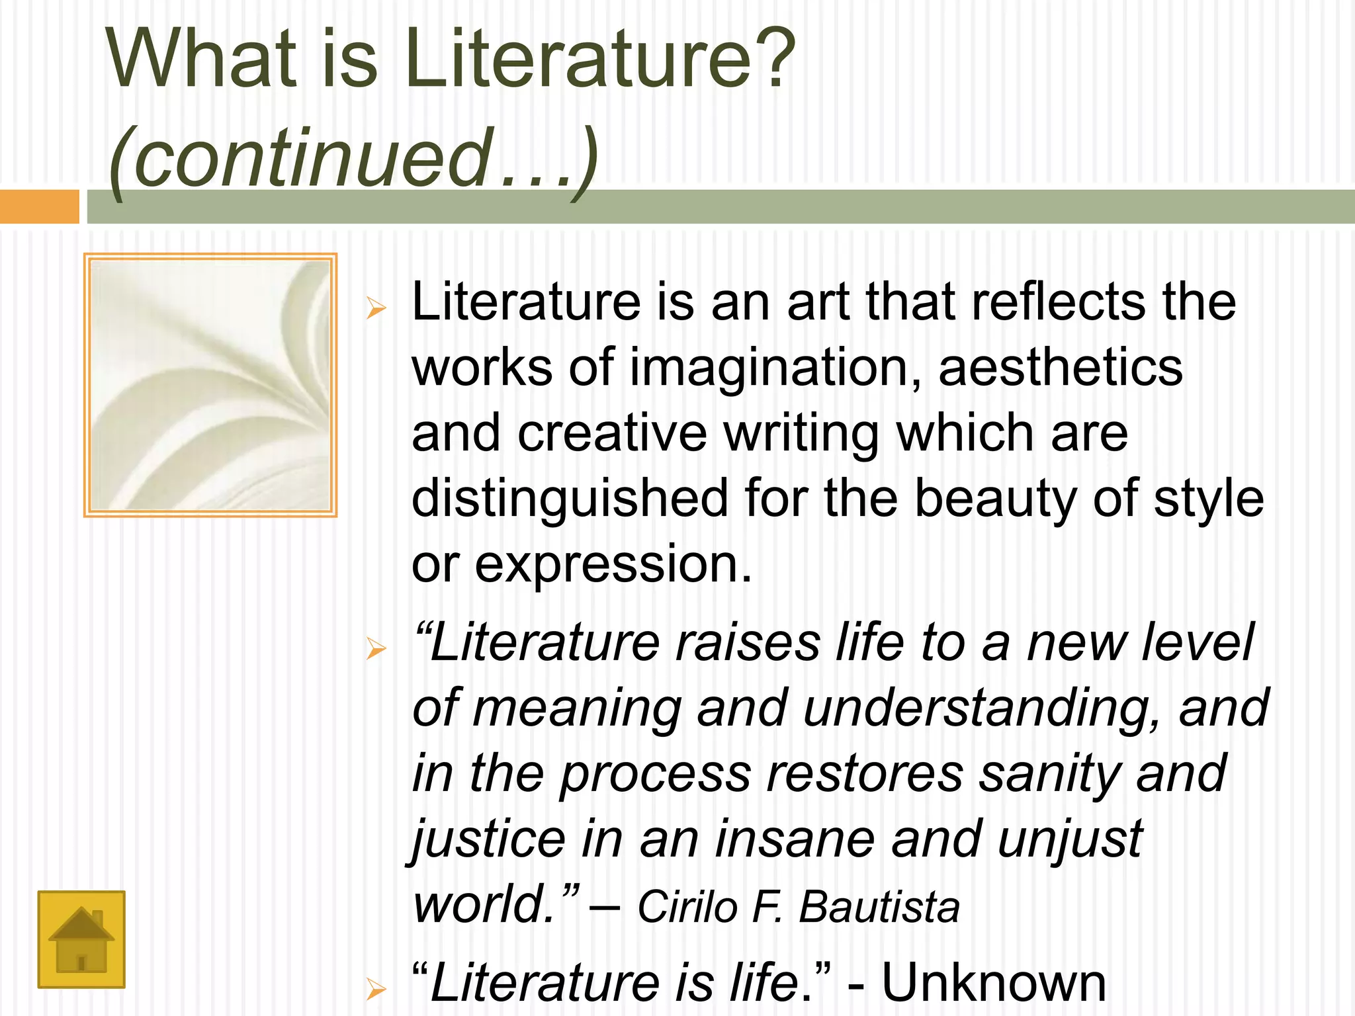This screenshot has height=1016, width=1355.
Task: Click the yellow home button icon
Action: (x=81, y=939)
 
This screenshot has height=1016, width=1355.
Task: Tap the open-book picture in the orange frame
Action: (x=210, y=385)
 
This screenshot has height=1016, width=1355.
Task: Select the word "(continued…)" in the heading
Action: (x=355, y=159)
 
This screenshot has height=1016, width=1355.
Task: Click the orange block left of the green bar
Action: (x=39, y=206)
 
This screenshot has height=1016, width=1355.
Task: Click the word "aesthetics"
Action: (x=1061, y=368)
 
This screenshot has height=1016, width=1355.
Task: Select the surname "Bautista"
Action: (x=879, y=906)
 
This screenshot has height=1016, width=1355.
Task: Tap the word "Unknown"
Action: (x=994, y=983)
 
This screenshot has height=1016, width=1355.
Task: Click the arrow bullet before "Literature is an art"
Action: (x=376, y=308)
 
